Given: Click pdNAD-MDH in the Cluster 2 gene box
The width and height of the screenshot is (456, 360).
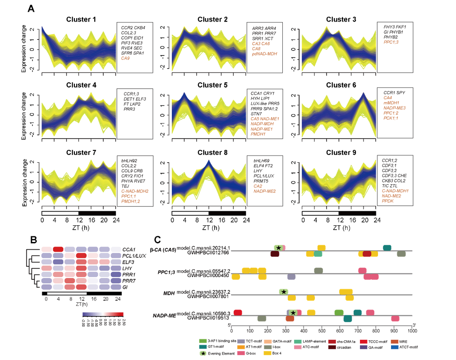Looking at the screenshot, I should click(264, 54).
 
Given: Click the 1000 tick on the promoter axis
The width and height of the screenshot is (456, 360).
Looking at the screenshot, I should click(412, 330).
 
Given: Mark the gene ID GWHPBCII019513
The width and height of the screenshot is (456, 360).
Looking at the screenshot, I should click(208, 319).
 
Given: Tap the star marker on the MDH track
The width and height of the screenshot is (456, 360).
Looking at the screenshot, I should click(284, 292).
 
